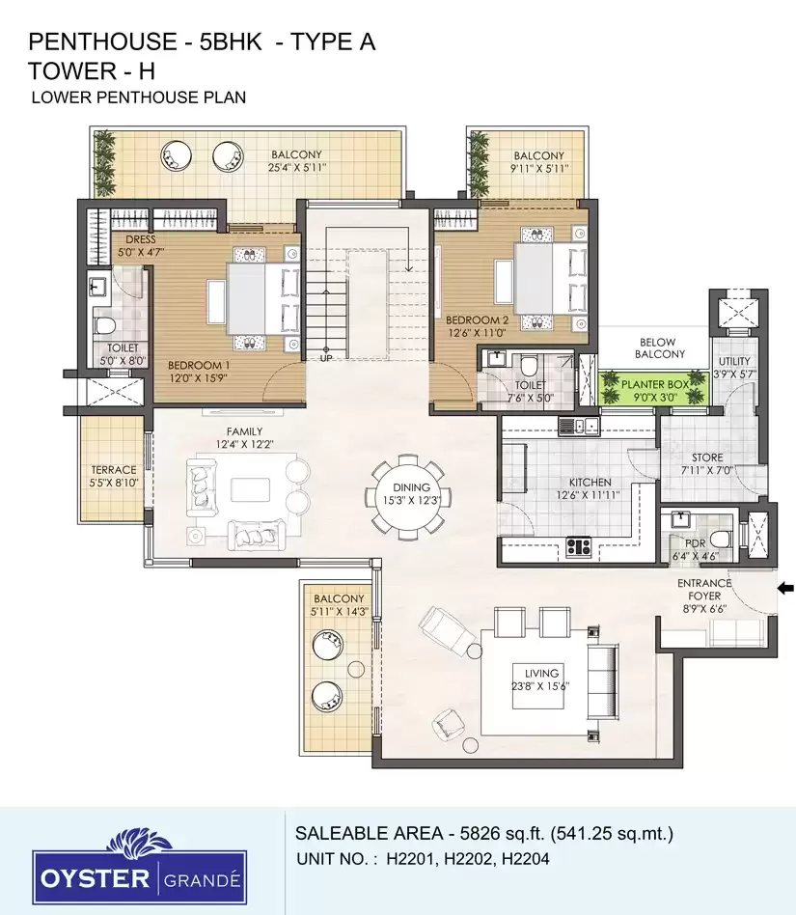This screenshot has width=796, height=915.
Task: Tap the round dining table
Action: click(x=411, y=493)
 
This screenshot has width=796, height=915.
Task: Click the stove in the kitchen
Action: click(x=578, y=547)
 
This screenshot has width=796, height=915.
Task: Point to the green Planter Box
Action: click(x=655, y=388)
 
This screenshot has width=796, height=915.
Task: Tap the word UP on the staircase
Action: click(x=325, y=358)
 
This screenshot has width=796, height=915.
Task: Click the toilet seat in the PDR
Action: click(x=721, y=538)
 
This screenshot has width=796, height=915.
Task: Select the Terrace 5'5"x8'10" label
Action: click(x=114, y=476)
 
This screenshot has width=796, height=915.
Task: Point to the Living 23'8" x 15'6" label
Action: click(x=540, y=679)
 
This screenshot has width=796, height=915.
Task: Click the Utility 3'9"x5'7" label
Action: click(x=734, y=368)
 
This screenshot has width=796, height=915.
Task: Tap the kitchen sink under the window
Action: click(x=579, y=426)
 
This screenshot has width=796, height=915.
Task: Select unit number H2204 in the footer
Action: click(x=526, y=859)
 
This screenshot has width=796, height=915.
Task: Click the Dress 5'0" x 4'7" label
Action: click(x=141, y=246)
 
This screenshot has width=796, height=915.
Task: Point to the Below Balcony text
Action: click(x=659, y=348)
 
